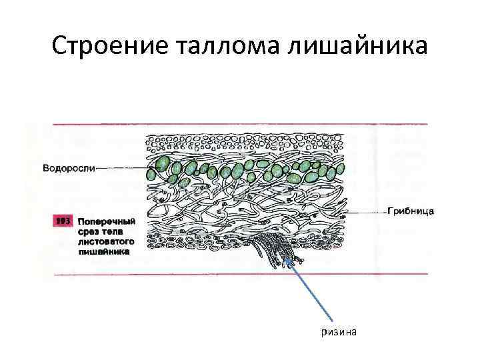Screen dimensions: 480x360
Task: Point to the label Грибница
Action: click(x=411, y=211)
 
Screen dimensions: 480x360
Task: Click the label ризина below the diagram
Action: click(x=339, y=332)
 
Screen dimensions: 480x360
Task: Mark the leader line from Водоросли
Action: click(x=120, y=168)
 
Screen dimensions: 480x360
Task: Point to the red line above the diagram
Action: click(x=240, y=123)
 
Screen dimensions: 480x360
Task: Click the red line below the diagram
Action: click(x=240, y=274)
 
